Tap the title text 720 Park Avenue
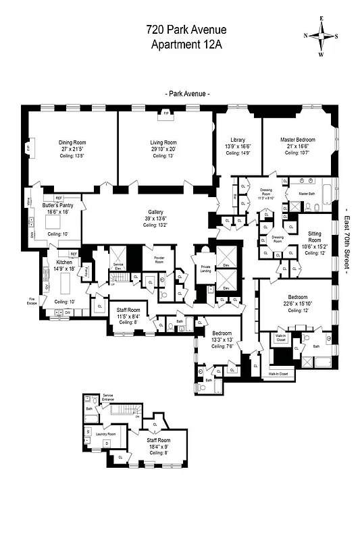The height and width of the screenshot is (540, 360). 186,30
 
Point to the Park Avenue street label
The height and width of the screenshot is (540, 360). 186,93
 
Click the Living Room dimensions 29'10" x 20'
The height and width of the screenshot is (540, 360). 163,148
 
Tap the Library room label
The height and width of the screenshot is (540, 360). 238,140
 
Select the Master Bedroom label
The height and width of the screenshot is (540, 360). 297,140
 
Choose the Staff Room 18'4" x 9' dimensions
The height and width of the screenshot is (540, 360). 160,446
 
